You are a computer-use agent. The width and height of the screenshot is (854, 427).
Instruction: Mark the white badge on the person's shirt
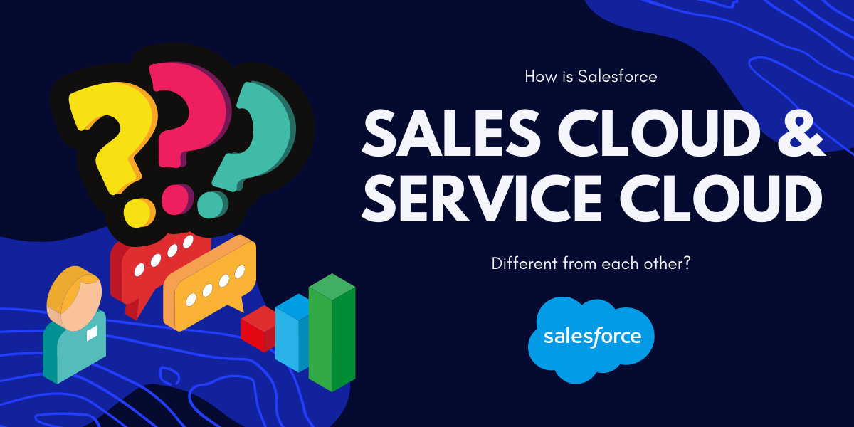(x=92, y=333)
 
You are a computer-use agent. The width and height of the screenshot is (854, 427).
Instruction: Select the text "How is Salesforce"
(x=590, y=76)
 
